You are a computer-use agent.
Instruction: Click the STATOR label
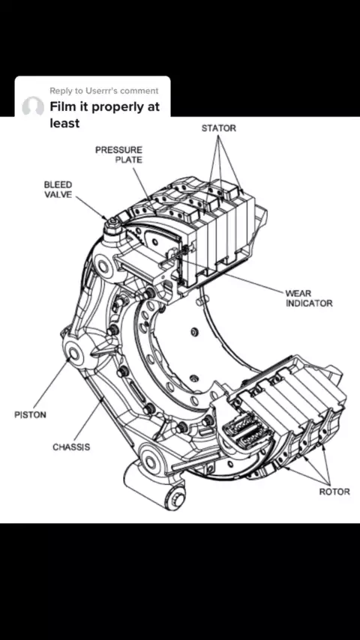(218, 128)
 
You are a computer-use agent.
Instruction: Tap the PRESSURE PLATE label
(119, 154)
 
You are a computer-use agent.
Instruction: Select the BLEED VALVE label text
(58, 190)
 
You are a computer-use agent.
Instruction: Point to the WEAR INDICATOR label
(309, 298)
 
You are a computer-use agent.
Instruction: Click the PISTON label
(30, 414)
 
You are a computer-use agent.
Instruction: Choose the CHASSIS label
(71, 447)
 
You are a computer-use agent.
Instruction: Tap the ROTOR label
(334, 492)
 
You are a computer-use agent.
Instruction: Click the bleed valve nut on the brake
(112, 223)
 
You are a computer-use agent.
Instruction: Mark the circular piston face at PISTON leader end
(75, 354)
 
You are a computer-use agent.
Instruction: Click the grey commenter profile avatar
(33, 107)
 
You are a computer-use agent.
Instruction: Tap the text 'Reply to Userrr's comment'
(103, 91)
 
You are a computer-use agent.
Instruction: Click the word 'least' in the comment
(64, 123)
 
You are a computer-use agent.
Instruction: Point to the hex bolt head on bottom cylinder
(176, 498)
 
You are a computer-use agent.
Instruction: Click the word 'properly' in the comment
(115, 108)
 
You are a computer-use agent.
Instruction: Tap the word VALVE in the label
(58, 194)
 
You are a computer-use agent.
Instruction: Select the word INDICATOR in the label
(309, 304)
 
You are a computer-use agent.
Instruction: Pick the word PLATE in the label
(129, 160)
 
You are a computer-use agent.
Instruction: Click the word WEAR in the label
(298, 294)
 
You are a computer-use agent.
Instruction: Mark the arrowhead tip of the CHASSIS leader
(102, 401)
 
